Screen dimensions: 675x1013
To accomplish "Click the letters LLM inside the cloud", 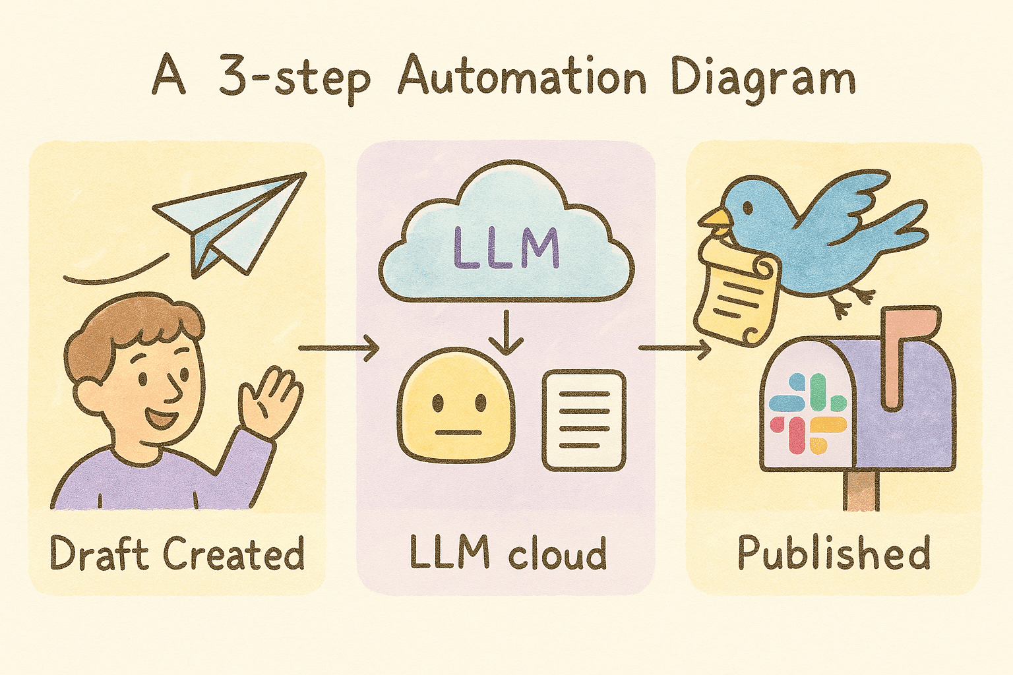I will point(506,249).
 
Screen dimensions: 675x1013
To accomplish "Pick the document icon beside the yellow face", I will point(584,420).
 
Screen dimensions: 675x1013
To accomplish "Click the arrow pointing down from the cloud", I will point(506,333).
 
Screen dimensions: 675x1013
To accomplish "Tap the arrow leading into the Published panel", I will point(675,347).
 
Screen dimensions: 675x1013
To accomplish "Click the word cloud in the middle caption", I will point(557,554).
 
